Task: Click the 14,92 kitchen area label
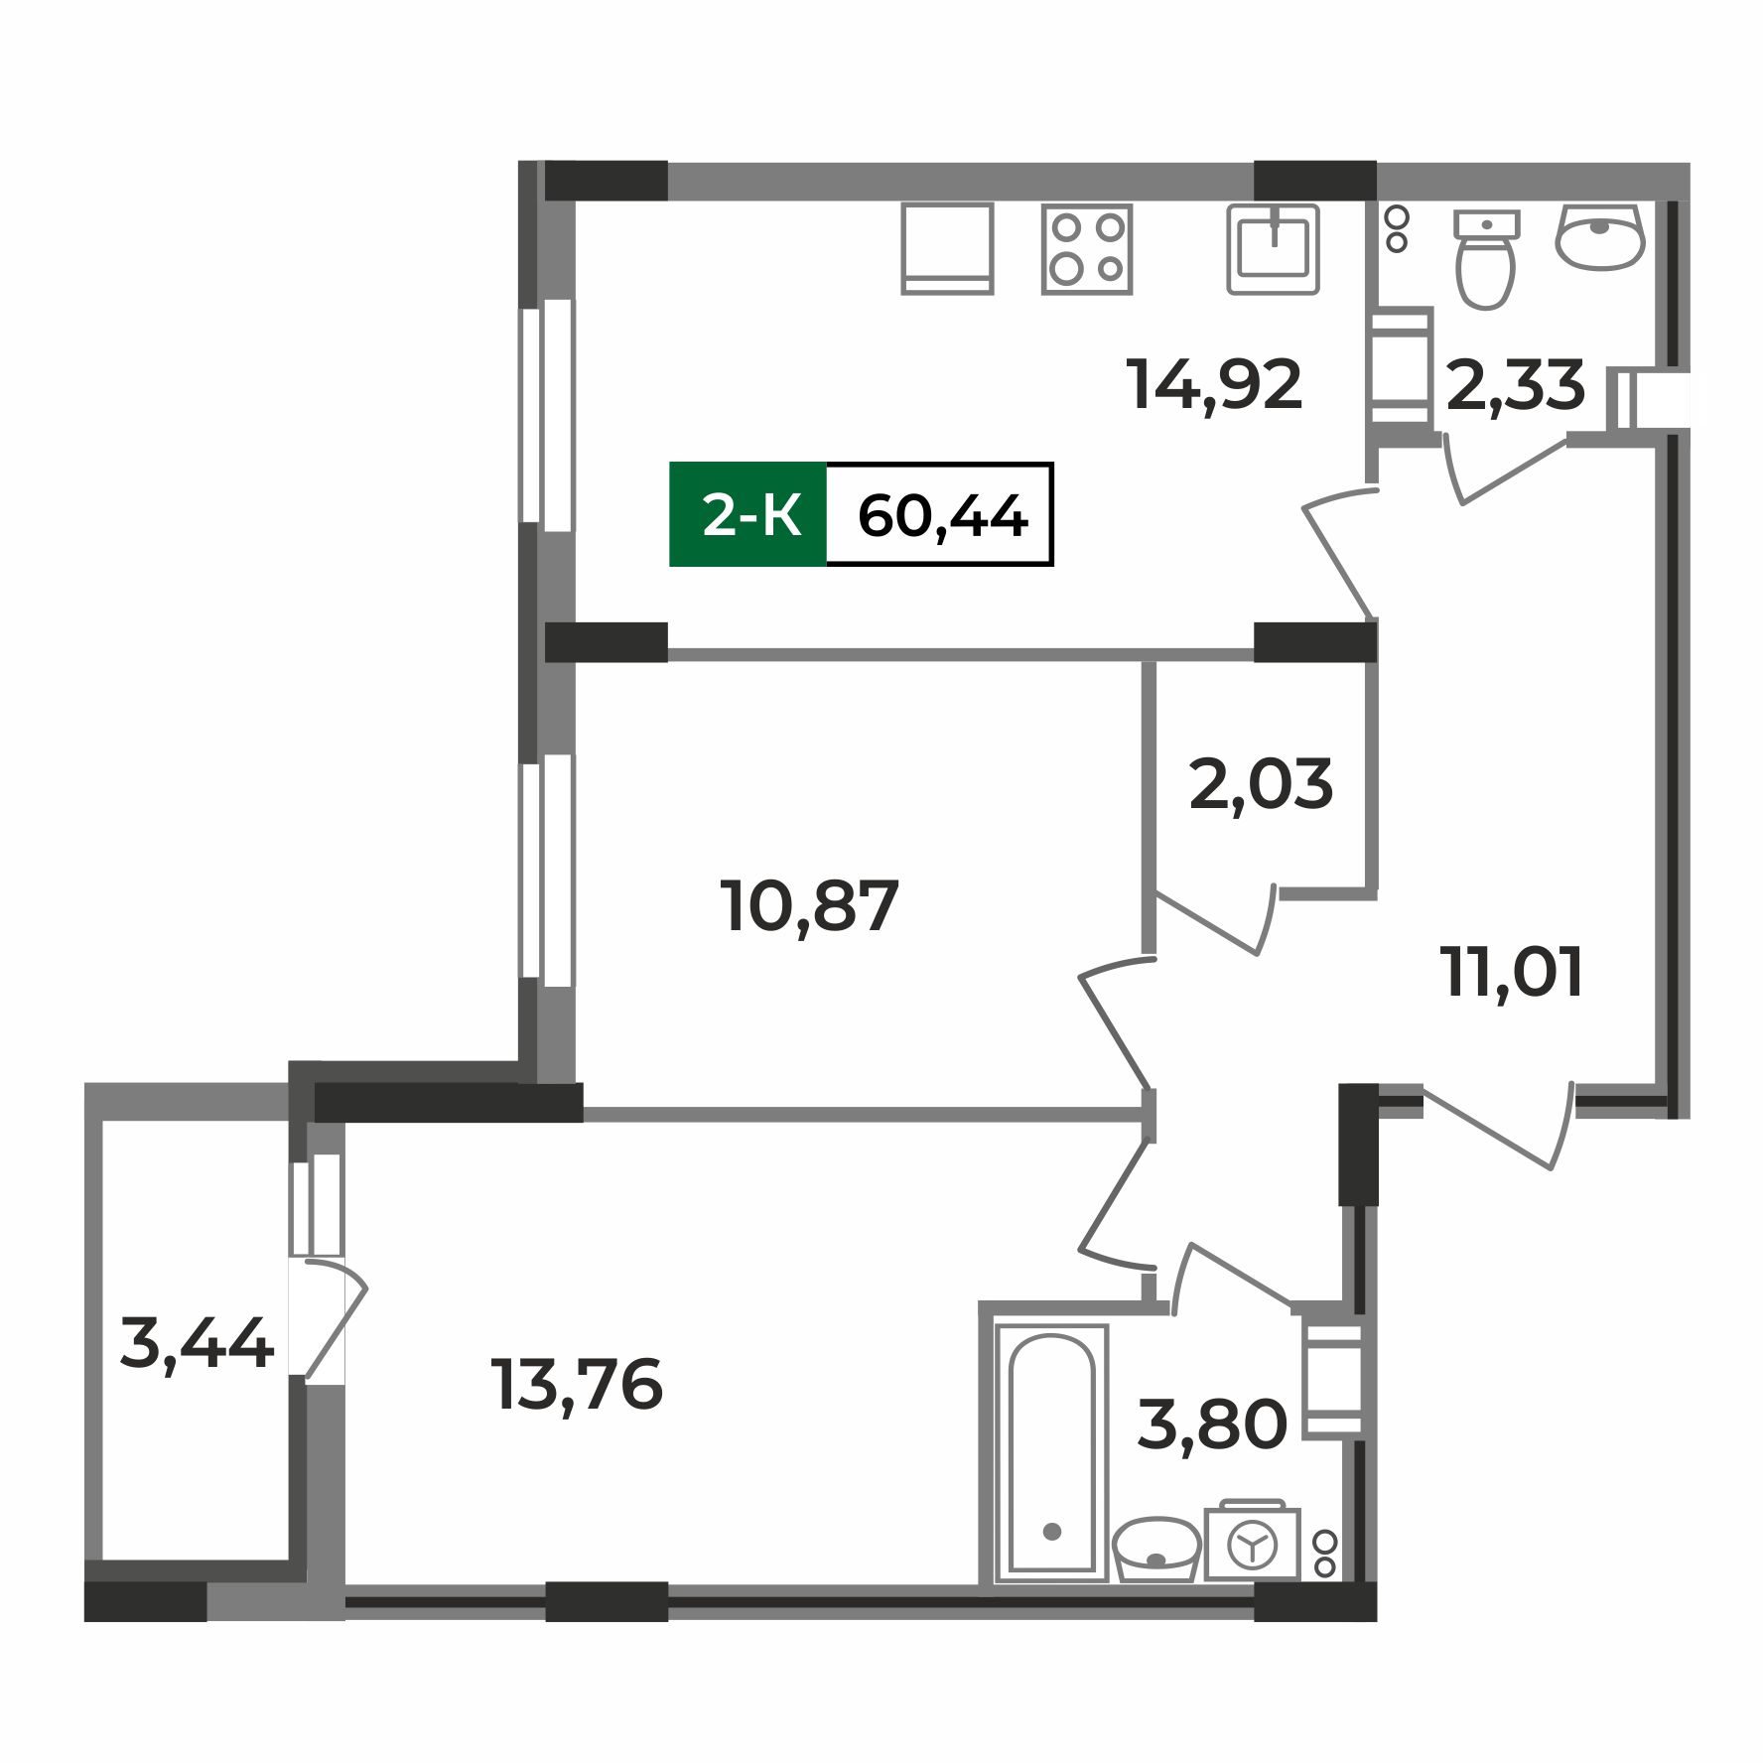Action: point(1214,385)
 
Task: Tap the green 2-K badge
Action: point(748,515)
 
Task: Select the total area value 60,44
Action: point(941,515)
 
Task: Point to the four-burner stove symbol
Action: point(1087,248)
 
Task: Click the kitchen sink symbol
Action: point(1273,248)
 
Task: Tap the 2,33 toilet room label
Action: point(1515,385)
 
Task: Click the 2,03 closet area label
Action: point(1260,785)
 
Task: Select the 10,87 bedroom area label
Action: point(811,906)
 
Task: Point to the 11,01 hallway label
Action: point(1513,972)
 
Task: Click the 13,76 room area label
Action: point(576,1385)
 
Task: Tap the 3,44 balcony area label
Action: point(196,1344)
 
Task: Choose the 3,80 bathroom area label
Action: point(1211,1424)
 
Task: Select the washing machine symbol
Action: point(1252,1544)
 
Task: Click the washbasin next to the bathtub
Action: point(1155,1550)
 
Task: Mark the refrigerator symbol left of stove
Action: point(947,248)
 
